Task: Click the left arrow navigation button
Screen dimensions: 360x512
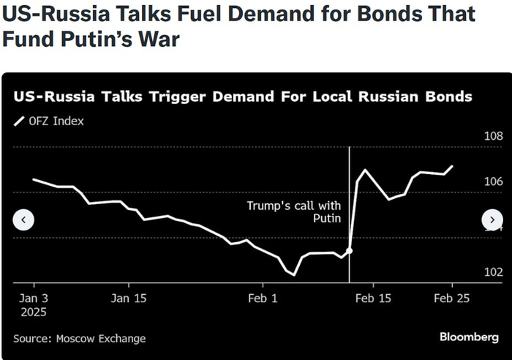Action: pos(24,220)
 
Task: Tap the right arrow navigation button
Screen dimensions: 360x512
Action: pos(492,220)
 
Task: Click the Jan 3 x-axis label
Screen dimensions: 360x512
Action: pos(34,298)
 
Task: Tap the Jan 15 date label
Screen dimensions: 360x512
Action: pos(129,298)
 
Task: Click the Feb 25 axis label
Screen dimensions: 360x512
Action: pos(452,298)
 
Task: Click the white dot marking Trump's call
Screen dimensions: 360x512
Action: pos(350,250)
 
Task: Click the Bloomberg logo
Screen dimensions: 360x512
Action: pos(469,337)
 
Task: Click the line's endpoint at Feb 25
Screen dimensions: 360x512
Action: pos(452,166)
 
